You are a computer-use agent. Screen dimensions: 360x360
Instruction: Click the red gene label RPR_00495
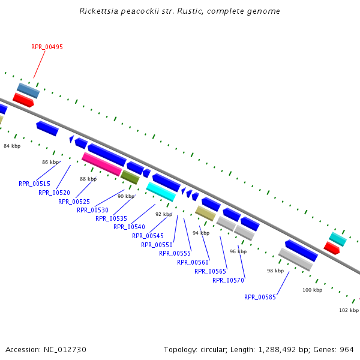tap(47, 47)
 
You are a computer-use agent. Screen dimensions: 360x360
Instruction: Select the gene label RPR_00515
tap(34, 184)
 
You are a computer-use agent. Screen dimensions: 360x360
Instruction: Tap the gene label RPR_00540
tap(129, 227)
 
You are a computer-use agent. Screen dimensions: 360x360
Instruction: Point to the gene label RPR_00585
tap(260, 296)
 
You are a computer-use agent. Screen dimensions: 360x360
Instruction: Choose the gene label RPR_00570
tap(228, 280)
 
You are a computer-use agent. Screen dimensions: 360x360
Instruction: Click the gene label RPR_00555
tap(175, 253)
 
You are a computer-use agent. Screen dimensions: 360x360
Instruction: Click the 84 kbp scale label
tap(12, 146)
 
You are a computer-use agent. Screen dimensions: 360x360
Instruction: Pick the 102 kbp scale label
tap(349, 310)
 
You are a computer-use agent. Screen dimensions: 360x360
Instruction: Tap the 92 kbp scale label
tap(164, 214)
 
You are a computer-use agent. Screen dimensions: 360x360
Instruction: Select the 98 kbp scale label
tap(275, 271)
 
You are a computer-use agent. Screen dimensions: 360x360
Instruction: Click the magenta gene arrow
tap(102, 164)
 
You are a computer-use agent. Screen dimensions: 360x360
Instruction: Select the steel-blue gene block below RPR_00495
tap(28, 91)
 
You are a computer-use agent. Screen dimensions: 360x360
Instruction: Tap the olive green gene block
tap(130, 177)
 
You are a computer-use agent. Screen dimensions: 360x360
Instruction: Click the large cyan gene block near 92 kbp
tap(161, 191)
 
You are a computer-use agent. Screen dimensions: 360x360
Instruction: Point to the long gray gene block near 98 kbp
tap(295, 259)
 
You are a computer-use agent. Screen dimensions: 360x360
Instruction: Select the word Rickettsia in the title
tap(99, 11)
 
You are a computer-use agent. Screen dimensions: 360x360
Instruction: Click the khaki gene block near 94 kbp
tap(205, 213)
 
